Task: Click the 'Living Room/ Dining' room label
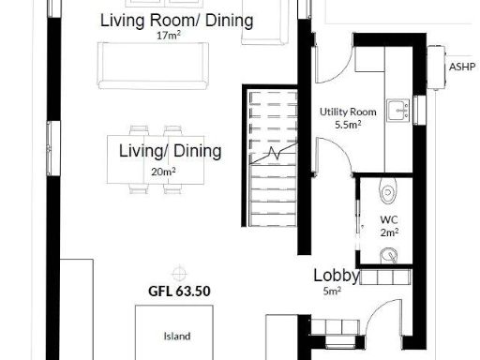coord(176,21)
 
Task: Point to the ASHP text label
coord(462,67)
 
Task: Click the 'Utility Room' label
coord(348,112)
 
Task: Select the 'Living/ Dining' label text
coord(170,151)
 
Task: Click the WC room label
coord(389,220)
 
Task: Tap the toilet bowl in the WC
coord(388,192)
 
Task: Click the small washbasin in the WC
coord(387,255)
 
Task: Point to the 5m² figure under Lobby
coord(332,291)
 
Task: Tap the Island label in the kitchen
coord(177,336)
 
